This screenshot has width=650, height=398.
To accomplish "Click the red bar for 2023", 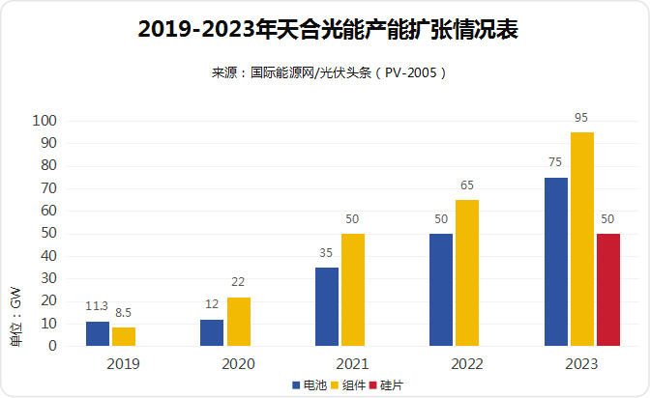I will (608, 289).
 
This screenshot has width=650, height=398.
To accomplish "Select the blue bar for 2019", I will (98, 333).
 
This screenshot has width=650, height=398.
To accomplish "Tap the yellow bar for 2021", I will (353, 289).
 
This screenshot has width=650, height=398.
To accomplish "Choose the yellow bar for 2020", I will (239, 321).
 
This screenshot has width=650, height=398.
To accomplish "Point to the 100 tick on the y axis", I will (45, 121).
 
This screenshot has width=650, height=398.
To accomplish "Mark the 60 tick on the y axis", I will (49, 211).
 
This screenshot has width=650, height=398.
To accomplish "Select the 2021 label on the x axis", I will (353, 364).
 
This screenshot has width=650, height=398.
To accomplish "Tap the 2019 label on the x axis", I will (124, 364).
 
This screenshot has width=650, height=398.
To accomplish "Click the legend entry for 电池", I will (310, 384).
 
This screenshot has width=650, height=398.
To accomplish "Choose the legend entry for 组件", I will (348, 384).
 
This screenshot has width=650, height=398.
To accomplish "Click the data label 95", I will (581, 118).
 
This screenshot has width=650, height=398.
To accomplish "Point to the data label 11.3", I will (97, 306).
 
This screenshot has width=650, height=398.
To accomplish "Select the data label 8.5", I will (124, 313).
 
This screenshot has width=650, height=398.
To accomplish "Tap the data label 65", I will (467, 185).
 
